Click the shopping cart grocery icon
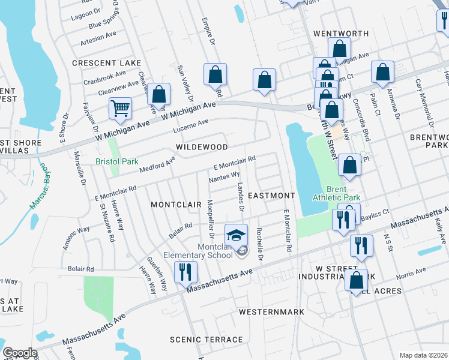(x=121, y=108)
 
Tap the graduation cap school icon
(x=237, y=234)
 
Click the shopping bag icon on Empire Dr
(x=215, y=74)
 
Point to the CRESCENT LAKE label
(x=106, y=63)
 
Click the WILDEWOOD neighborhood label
(x=202, y=147)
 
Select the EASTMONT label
(x=271, y=196)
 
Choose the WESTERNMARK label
(x=271, y=313)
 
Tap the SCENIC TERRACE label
(x=206, y=340)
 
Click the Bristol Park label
(x=117, y=161)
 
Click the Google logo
(x=19, y=353)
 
